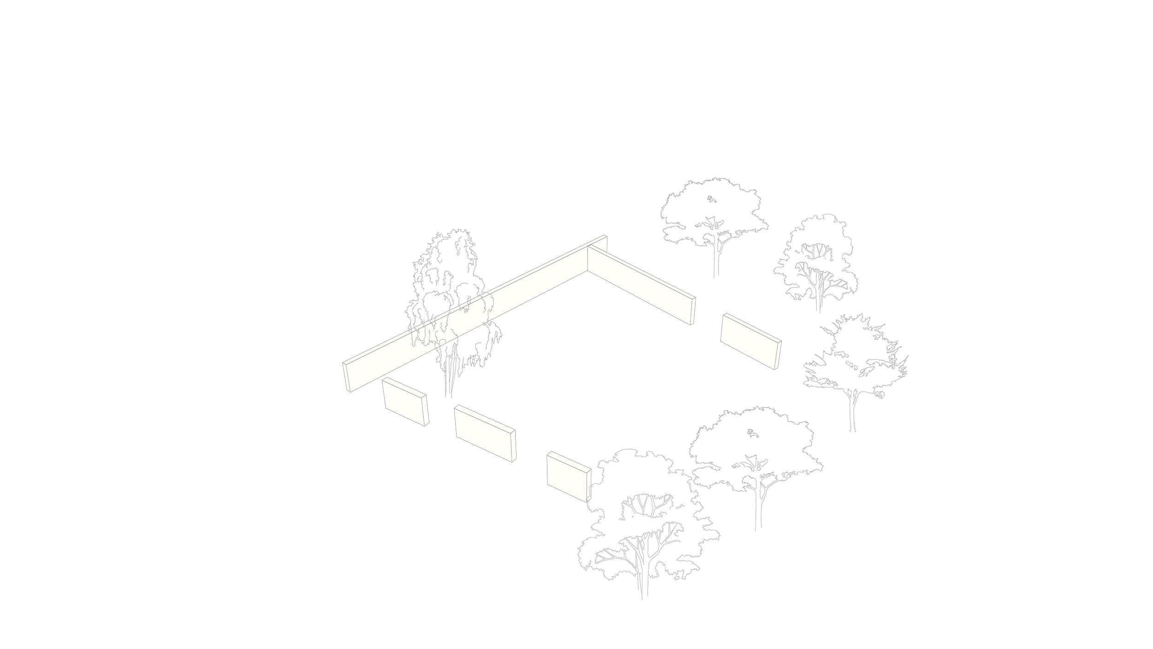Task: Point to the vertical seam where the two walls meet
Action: click(x=588, y=258)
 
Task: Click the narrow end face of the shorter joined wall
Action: click(x=692, y=311)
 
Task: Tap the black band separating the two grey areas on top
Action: click(x=567, y=208)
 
